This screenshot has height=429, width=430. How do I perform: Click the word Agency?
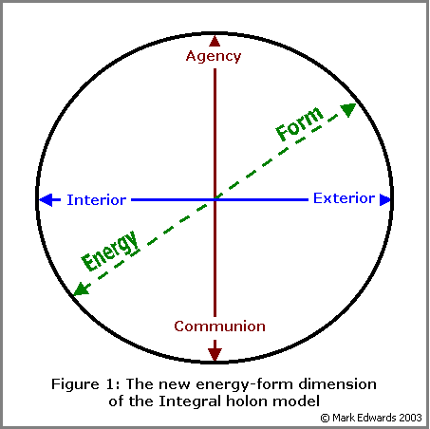[x=214, y=56]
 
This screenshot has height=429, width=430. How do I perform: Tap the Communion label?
[x=219, y=326]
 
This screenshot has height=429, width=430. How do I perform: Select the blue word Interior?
[x=97, y=200]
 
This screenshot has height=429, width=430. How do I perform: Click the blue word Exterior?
[x=344, y=198]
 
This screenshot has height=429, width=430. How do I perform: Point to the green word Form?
[x=299, y=123]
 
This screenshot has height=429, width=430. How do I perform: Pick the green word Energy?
[x=111, y=251]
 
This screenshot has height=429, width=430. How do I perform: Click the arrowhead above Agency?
[x=215, y=41]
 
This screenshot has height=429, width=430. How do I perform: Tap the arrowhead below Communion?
[x=215, y=354]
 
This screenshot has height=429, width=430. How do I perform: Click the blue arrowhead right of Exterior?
[x=385, y=199]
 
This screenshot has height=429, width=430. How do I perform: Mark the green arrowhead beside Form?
[x=348, y=109]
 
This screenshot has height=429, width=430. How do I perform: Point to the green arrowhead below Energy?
[x=81, y=289]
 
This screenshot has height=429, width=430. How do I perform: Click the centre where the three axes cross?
[x=215, y=199]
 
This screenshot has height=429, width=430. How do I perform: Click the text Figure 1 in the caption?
[x=85, y=384]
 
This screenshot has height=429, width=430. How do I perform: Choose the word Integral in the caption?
[x=191, y=402]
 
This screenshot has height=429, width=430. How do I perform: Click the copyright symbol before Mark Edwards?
[x=326, y=418]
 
